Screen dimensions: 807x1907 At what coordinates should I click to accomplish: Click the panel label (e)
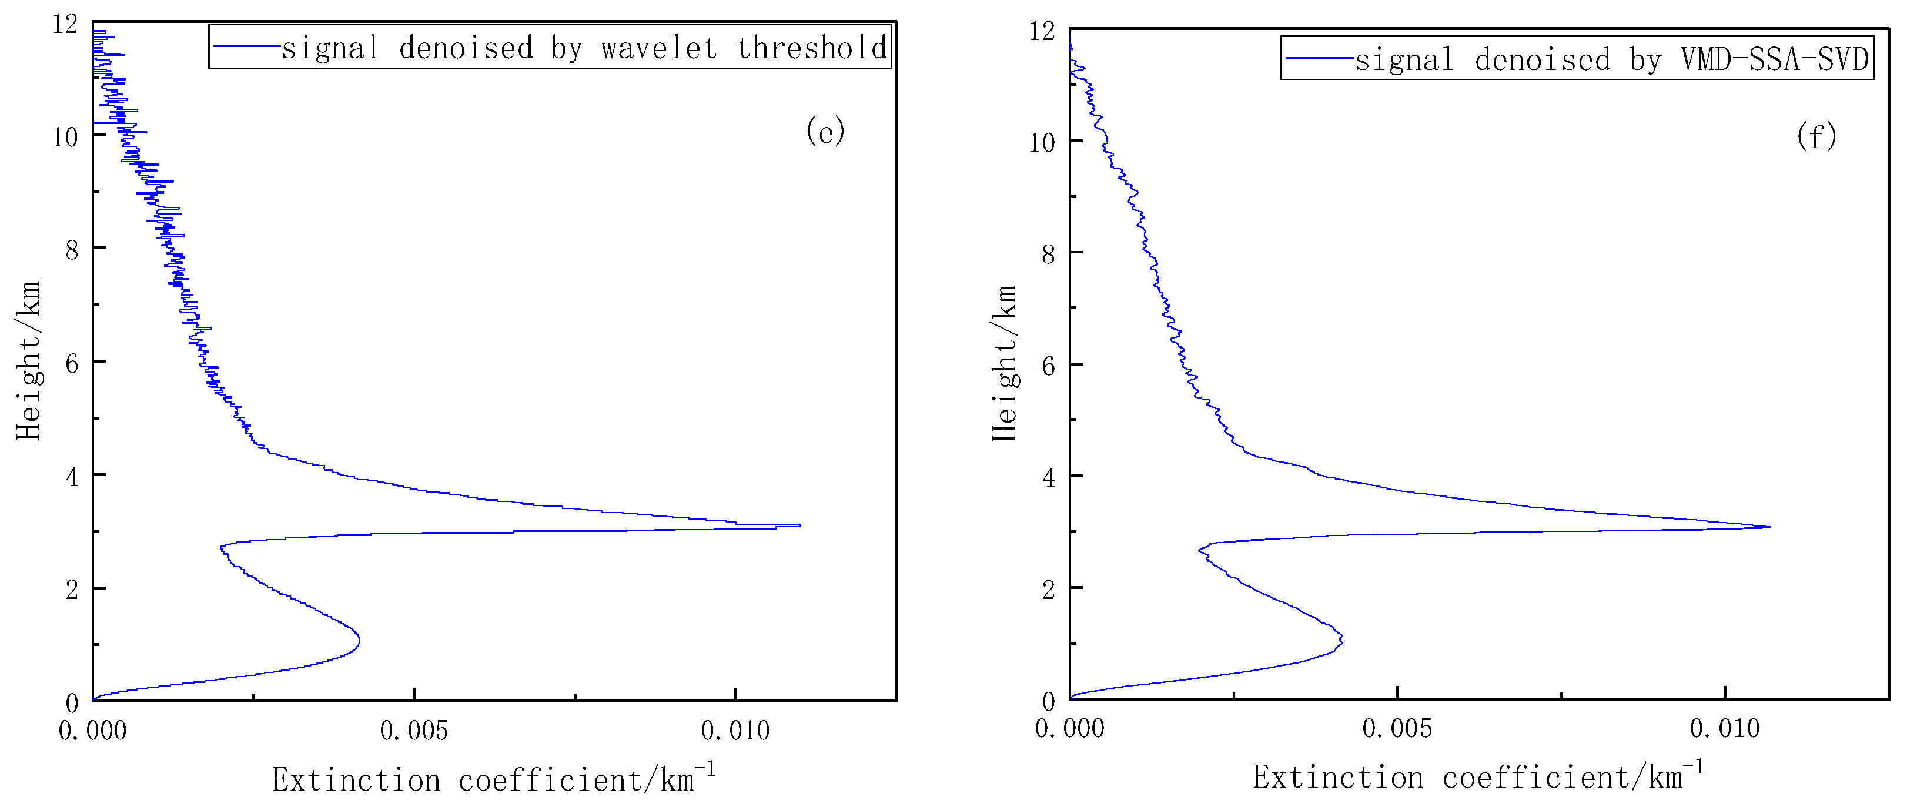point(825,132)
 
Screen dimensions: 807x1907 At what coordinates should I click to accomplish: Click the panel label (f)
point(1816,136)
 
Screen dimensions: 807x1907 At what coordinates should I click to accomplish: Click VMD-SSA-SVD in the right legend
point(1775,59)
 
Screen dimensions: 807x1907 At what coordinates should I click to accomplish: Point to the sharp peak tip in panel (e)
point(800,525)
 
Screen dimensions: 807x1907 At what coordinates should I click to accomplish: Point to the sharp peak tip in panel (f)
point(1769,527)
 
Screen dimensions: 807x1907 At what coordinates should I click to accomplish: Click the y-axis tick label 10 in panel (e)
point(65,136)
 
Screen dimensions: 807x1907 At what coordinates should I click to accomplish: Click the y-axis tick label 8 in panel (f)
point(1048,253)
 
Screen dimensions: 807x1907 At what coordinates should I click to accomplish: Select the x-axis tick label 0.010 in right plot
point(1725,729)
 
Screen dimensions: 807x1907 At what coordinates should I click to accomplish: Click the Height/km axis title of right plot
point(1005,363)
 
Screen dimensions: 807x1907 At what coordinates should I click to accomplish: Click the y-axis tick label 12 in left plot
point(65,25)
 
